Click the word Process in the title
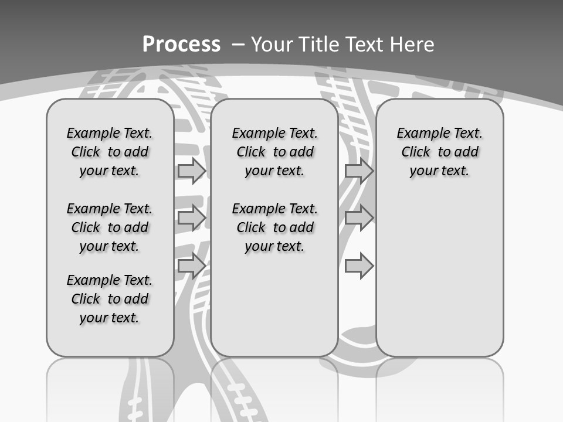click(181, 44)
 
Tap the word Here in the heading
click(413, 45)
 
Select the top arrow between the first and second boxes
click(191, 171)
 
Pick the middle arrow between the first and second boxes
click(191, 218)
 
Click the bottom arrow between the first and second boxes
click(191, 266)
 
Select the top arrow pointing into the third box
click(359, 171)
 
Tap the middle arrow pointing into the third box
click(359, 218)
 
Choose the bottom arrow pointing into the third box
click(359, 266)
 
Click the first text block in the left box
click(110, 152)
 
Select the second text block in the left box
click(110, 227)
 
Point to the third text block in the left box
click(110, 299)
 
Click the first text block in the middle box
click(274, 152)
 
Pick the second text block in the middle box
click(274, 227)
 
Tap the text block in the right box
click(440, 152)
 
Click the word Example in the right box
click(419, 134)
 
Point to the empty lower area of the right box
click(440, 275)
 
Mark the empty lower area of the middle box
click(274, 305)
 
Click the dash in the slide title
click(238, 44)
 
